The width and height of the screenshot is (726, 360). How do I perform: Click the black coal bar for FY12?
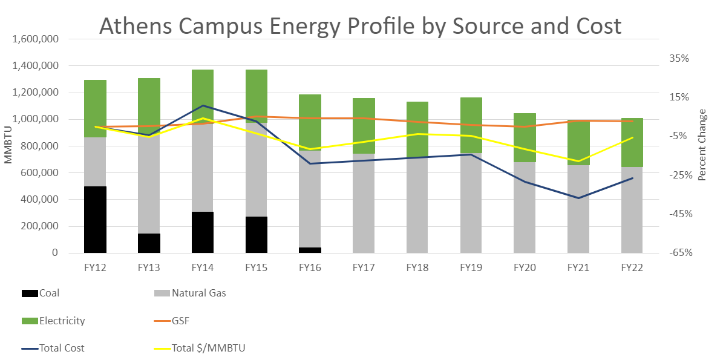click(95, 220)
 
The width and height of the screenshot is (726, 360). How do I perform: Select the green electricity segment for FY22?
click(632, 142)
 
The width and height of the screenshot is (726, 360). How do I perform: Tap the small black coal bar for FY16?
click(310, 250)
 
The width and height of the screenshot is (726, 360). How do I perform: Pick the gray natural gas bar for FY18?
click(417, 206)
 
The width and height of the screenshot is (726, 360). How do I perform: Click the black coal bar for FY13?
click(149, 243)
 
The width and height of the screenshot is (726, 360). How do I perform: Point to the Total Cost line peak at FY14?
click(203, 106)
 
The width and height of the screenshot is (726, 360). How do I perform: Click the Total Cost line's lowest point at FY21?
click(579, 198)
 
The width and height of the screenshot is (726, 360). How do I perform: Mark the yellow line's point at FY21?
click(579, 162)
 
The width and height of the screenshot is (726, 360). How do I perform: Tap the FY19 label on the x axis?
click(471, 267)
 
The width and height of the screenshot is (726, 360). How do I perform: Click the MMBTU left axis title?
click(9, 146)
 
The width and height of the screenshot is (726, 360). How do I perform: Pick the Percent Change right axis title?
click(702, 145)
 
